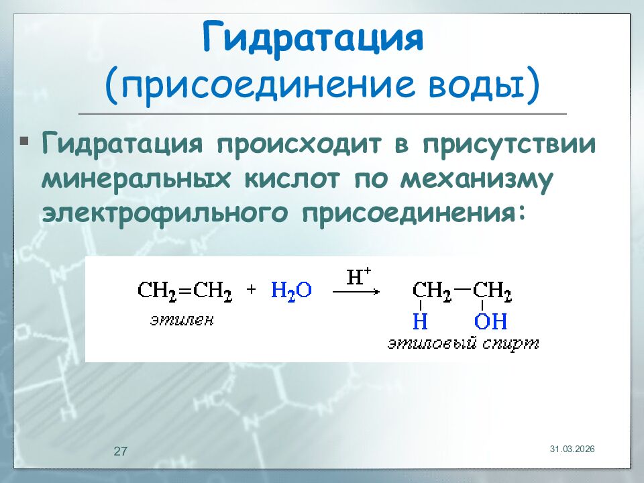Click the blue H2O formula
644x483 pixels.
point(291,291)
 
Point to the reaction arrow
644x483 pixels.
point(356,292)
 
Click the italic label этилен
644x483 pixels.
point(182,321)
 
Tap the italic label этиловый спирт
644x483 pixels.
point(462,344)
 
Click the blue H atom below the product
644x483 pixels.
point(420,322)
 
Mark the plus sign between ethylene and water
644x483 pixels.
point(252,290)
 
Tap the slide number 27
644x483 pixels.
point(121,451)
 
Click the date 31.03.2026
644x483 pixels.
point(572,448)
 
